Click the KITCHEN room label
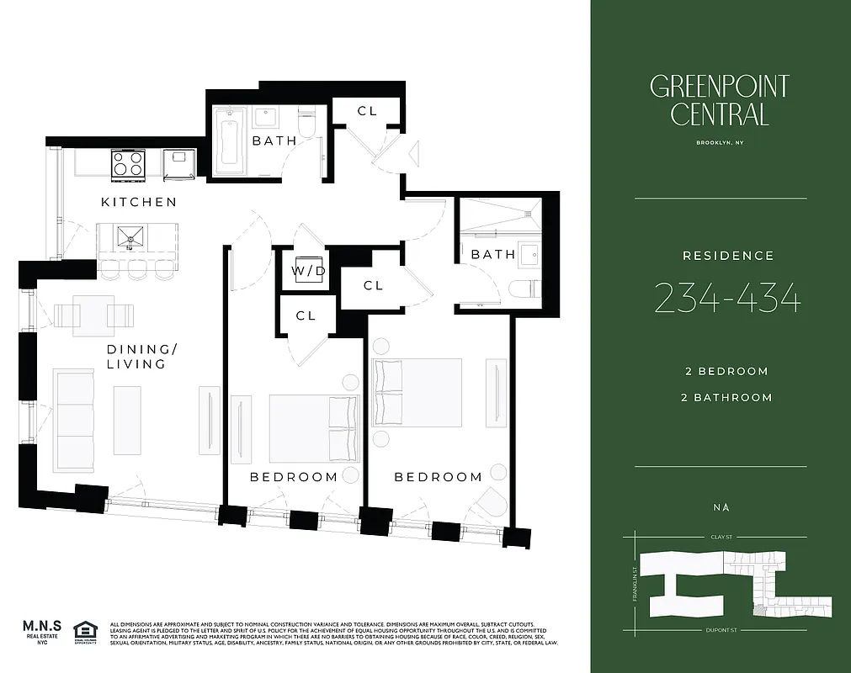pyautogui.click(x=139, y=202)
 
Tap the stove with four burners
pyautogui.click(x=128, y=163)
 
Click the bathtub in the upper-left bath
pyautogui.click(x=229, y=140)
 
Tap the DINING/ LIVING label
pyautogui.click(x=136, y=357)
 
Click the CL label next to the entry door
pyautogui.click(x=367, y=111)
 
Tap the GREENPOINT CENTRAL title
pyautogui.click(x=720, y=99)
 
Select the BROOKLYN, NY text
pyautogui.click(x=720, y=143)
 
